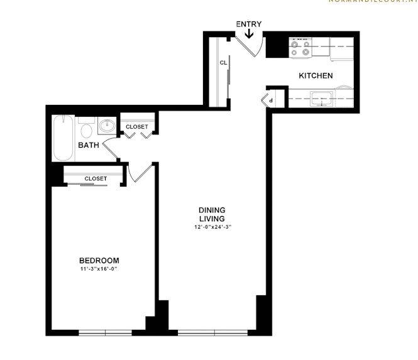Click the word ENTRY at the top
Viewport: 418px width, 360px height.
pyautogui.click(x=249, y=25)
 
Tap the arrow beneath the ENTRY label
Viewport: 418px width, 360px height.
pyautogui.click(x=249, y=33)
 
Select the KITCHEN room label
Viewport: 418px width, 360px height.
pyautogui.click(x=316, y=76)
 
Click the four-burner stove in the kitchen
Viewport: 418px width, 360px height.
pyautogui.click(x=300, y=47)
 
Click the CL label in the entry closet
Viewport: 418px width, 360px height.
pyautogui.click(x=223, y=63)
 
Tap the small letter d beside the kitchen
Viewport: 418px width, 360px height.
pyautogui.click(x=270, y=100)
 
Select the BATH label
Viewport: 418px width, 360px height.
pyautogui.click(x=89, y=146)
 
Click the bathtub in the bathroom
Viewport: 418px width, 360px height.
pyautogui.click(x=63, y=138)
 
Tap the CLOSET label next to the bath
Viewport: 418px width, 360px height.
pyautogui.click(x=137, y=127)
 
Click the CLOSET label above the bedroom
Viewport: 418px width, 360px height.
pyautogui.click(x=96, y=178)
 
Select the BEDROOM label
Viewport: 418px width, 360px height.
pyautogui.click(x=99, y=260)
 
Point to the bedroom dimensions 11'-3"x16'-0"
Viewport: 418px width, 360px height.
pyautogui.click(x=99, y=270)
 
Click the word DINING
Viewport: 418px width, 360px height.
pyautogui.click(x=212, y=210)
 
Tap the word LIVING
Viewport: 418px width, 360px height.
pyautogui.click(x=212, y=218)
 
